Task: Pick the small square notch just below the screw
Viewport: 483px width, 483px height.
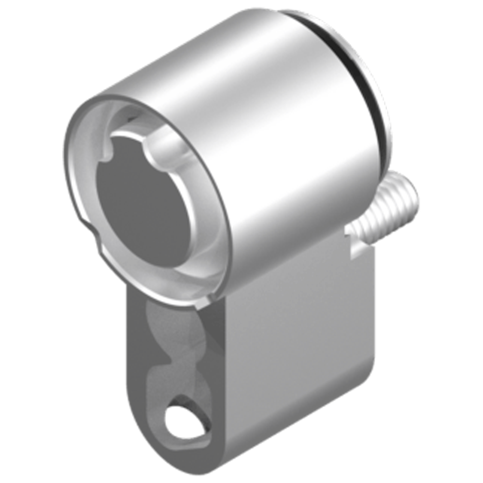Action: (349, 235)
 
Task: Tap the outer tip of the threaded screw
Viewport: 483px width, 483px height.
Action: (411, 193)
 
